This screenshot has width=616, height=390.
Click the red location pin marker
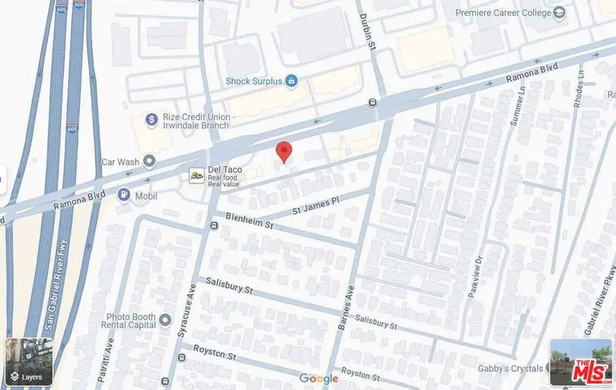pos(283,151)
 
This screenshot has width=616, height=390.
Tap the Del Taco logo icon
pos(197,176)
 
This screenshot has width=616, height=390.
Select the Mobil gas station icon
pos(124,195)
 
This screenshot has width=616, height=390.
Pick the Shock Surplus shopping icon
pos(291,81)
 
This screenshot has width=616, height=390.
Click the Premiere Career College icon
pos(560,12)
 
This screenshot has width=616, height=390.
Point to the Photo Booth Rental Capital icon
pos(164,319)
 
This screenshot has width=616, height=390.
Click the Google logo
pos(318,379)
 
